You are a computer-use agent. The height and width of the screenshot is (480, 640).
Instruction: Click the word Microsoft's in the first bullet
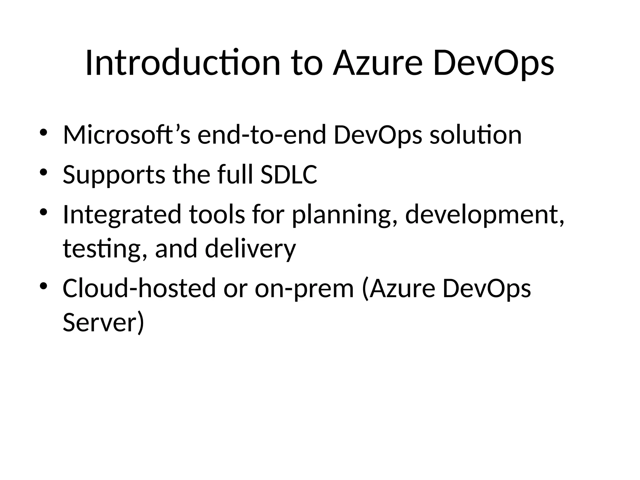click(126, 135)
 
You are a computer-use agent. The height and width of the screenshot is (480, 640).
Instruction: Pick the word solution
click(476, 135)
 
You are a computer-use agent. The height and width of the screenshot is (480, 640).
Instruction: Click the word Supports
click(114, 175)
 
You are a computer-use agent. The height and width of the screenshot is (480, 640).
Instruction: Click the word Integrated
click(122, 215)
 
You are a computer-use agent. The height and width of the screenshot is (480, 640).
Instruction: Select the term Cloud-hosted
click(139, 288)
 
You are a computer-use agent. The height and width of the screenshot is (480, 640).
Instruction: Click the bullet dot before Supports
click(43, 172)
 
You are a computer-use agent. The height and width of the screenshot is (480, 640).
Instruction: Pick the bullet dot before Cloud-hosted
click(43, 286)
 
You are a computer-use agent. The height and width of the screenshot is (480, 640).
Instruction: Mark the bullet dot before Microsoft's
click(43, 132)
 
